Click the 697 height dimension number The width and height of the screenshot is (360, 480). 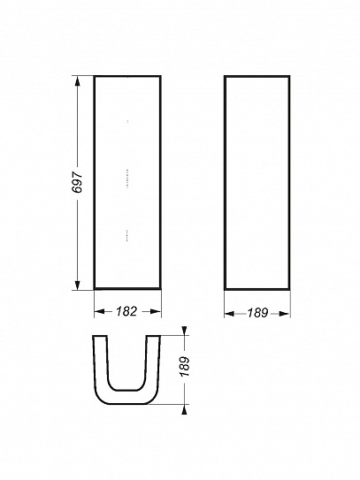[77, 182]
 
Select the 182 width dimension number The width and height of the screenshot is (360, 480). [126, 311]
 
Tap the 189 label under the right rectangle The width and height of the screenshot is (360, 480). [257, 313]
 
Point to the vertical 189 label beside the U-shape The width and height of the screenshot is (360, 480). [185, 367]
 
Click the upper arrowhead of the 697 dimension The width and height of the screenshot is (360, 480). [77, 81]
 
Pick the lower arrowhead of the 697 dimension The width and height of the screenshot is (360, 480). [77, 285]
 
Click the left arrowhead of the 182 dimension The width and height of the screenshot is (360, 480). [99, 311]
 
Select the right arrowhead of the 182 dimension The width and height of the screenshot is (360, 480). [156, 311]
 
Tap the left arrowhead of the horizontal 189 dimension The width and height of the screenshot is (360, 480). [230, 314]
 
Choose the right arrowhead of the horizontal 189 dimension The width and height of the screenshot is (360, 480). [284, 314]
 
